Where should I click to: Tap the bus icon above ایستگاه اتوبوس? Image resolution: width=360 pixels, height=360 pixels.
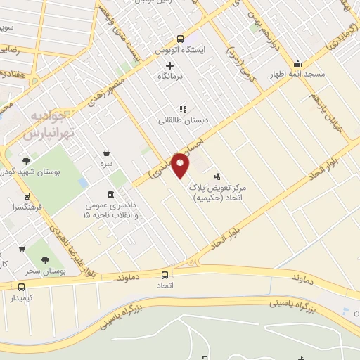[180, 39]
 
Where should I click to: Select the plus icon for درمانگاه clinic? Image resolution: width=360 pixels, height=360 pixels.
[169, 65]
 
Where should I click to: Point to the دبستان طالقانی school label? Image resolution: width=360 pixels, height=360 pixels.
[182, 121]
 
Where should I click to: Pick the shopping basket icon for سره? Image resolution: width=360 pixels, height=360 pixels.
[107, 153]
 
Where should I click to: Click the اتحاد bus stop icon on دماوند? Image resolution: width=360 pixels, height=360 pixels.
[165, 275]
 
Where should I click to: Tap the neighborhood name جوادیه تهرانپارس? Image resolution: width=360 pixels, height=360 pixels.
[49, 124]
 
